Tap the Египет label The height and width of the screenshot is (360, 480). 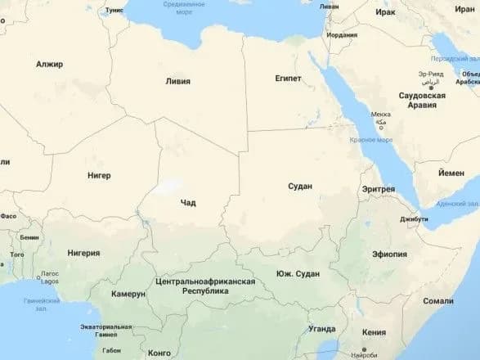point(289,79)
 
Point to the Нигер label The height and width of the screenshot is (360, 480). point(98,175)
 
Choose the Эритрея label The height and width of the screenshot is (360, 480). point(378,189)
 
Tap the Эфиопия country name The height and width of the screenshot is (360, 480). point(389,254)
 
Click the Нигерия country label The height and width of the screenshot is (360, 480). point(83,253)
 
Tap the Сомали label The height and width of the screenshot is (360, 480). point(438,301)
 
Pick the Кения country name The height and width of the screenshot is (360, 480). point(373,332)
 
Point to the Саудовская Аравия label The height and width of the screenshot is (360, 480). point(421,101)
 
